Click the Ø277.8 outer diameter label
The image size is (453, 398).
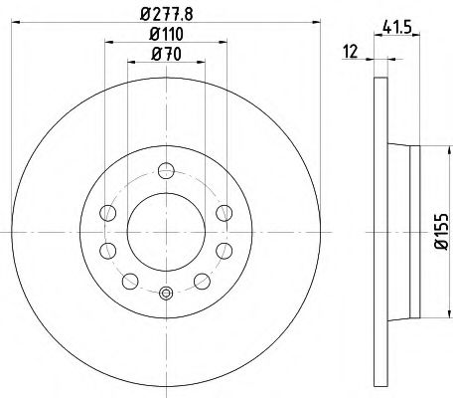pyautogui.click(x=166, y=15)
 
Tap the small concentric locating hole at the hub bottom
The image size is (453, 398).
pyautogui.click(x=166, y=292)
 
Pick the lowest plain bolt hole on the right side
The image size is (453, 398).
pyautogui.click(x=201, y=280)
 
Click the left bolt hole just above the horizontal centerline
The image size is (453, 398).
pyautogui.click(x=108, y=211)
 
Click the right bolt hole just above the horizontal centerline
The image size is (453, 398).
pyautogui.click(x=224, y=211)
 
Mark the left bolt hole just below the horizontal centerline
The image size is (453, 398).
pyautogui.click(x=108, y=247)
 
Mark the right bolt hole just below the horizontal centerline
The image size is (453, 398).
pyautogui.click(x=224, y=247)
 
